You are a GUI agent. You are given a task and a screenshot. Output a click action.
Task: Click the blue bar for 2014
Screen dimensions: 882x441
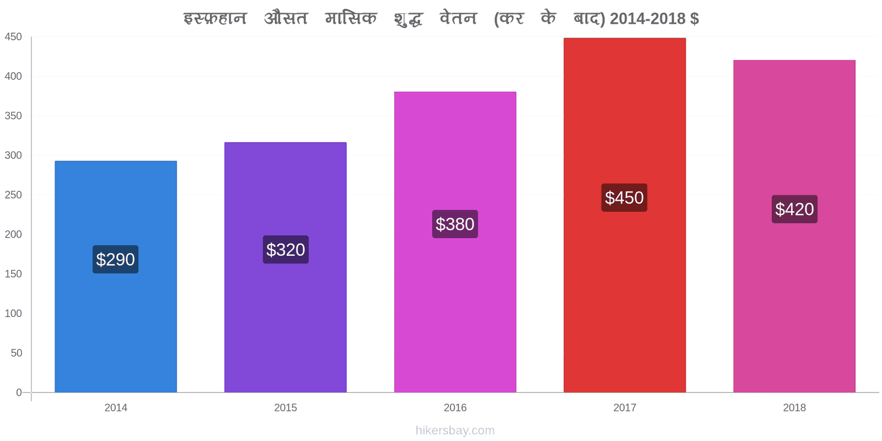(116, 276)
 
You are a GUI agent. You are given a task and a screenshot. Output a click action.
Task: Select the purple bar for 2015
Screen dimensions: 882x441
(286, 267)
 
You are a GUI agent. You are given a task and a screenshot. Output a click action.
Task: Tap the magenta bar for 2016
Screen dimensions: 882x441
(455, 242)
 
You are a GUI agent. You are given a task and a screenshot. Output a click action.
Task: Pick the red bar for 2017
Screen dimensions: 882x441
(625, 215)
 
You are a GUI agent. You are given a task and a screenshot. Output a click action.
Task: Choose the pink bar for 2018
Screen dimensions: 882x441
(794, 227)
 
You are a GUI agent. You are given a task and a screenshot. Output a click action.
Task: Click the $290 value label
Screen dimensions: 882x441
(115, 259)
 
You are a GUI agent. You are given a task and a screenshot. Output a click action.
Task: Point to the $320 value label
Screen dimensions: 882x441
(286, 250)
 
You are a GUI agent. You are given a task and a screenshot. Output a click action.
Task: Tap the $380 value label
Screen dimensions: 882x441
(455, 224)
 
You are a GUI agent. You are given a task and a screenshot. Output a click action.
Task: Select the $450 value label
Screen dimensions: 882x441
(625, 198)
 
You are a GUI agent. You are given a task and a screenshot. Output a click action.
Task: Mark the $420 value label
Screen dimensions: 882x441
(794, 209)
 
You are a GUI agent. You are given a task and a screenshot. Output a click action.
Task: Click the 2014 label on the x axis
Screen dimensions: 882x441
(116, 407)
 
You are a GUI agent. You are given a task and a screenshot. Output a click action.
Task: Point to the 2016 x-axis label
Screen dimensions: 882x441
(455, 407)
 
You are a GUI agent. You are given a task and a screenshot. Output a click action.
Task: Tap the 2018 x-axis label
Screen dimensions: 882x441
(794, 407)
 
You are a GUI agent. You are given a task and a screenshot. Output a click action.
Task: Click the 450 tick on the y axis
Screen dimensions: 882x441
(13, 36)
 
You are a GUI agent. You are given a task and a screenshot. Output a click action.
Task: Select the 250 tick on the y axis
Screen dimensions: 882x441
(13, 195)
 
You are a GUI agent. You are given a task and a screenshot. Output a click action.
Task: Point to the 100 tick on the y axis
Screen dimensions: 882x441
(13, 314)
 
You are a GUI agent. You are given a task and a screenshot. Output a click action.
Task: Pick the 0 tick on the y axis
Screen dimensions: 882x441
(19, 392)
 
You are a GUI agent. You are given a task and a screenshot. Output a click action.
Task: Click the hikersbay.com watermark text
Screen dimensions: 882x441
(455, 431)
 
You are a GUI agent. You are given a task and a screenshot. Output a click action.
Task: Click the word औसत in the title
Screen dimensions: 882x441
(286, 18)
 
